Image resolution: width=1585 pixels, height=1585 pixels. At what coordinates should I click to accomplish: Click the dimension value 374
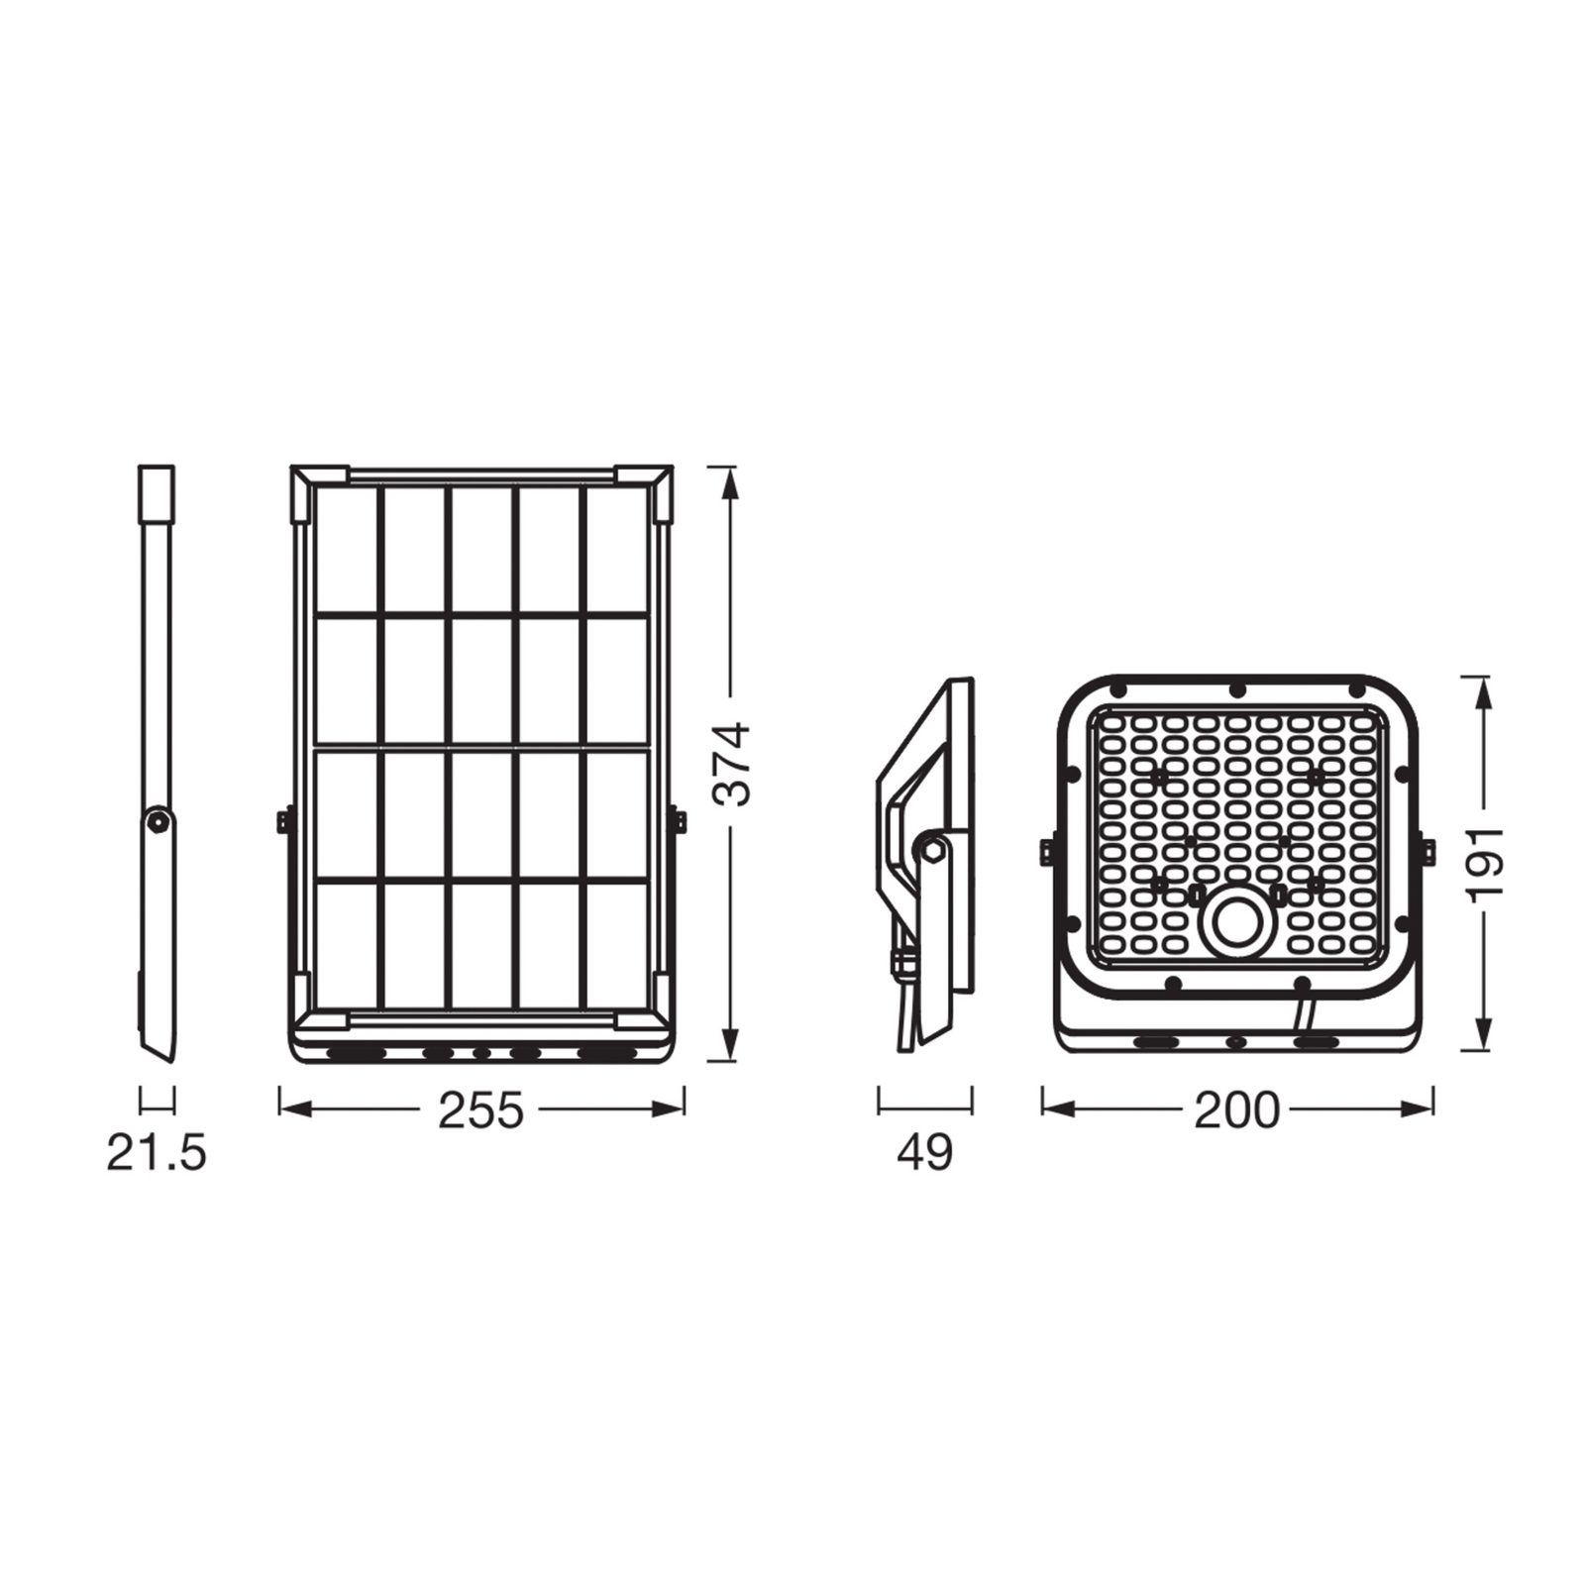(x=734, y=764)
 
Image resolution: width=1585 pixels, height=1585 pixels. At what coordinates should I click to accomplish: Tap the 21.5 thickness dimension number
(x=157, y=1153)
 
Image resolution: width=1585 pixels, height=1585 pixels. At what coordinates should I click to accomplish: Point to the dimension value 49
(x=924, y=1153)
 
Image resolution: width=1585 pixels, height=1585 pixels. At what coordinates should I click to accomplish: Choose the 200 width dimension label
(x=1236, y=1110)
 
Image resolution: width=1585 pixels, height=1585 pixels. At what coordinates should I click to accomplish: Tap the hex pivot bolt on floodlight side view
(x=931, y=848)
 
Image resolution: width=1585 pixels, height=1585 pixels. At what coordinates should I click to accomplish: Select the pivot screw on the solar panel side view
(x=157, y=821)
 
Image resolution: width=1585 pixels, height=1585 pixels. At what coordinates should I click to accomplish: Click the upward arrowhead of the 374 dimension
(x=730, y=481)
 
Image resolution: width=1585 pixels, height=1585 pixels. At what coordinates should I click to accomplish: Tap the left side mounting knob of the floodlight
(x=1045, y=851)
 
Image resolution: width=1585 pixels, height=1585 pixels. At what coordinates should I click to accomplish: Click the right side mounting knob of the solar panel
(x=680, y=821)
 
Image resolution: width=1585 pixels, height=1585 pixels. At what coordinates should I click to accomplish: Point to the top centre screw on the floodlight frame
(x=1236, y=689)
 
